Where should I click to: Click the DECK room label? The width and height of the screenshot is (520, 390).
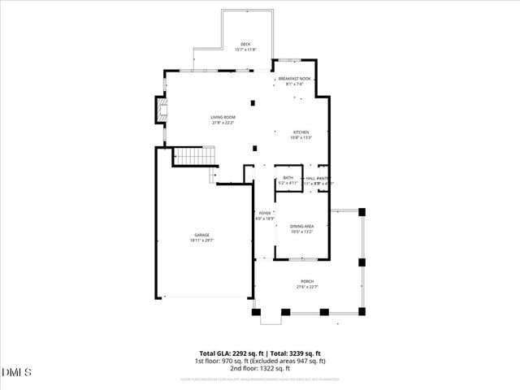[245, 44]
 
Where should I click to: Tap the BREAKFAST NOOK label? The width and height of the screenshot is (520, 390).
[294, 79]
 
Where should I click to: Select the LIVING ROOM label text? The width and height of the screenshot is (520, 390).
[223, 117]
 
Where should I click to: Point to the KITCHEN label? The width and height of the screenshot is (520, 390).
[301, 132]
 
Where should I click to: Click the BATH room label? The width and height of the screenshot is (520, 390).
[288, 178]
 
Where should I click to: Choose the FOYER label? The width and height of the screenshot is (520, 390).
[265, 213]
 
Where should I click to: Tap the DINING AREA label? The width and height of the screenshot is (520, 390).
[301, 227]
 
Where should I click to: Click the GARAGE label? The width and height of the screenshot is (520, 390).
[201, 235]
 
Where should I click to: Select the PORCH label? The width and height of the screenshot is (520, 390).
[307, 281]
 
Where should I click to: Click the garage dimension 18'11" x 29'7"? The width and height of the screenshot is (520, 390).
[201, 240]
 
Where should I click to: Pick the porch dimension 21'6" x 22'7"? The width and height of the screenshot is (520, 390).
[307, 287]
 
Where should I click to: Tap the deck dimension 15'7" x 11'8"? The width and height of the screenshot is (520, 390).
[245, 50]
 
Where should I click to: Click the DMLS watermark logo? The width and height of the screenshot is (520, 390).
[17, 372]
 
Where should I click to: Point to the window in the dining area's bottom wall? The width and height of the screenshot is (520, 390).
[301, 260]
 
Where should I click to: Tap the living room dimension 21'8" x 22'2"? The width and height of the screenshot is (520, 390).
[223, 123]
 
